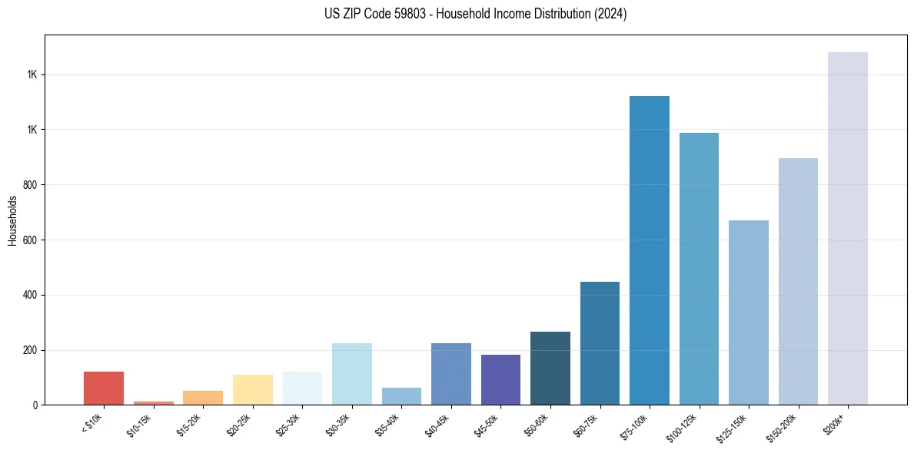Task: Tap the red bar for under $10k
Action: pos(104,388)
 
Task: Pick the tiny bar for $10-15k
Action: pos(153,402)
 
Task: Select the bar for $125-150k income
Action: pos(749,312)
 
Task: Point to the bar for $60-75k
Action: pos(600,343)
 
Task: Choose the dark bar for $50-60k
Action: pos(550,368)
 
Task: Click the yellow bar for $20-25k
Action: pos(252,389)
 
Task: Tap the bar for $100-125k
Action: pos(699,269)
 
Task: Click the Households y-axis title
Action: pos(12,220)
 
